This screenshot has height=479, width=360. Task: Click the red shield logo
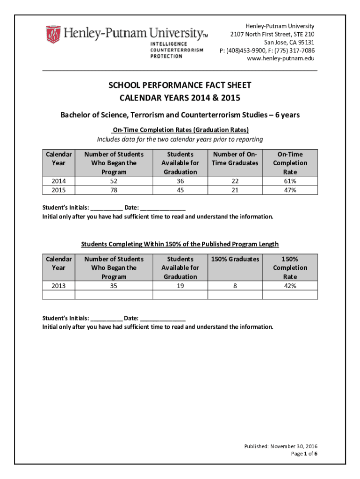(53, 34)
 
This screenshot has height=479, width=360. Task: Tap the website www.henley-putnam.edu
(281, 58)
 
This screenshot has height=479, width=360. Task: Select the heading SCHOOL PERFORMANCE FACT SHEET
(180, 85)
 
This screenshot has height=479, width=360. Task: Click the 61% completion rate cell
(290, 181)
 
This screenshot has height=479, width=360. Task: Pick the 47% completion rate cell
(290, 190)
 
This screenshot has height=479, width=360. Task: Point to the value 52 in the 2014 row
(114, 181)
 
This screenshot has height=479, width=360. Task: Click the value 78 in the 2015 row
(114, 190)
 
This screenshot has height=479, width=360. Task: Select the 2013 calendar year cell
(58, 286)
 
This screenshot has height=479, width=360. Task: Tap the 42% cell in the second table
(290, 286)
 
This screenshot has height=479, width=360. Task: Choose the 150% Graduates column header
(235, 259)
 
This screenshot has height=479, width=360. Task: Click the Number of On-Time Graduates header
(235, 159)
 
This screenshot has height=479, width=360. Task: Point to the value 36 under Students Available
(180, 181)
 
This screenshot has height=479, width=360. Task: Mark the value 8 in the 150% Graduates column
(235, 286)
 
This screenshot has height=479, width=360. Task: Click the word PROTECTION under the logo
(166, 56)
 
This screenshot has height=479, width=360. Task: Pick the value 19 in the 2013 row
(180, 286)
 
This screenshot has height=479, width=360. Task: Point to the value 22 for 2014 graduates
(235, 181)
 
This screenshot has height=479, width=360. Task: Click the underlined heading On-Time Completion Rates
(180, 130)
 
